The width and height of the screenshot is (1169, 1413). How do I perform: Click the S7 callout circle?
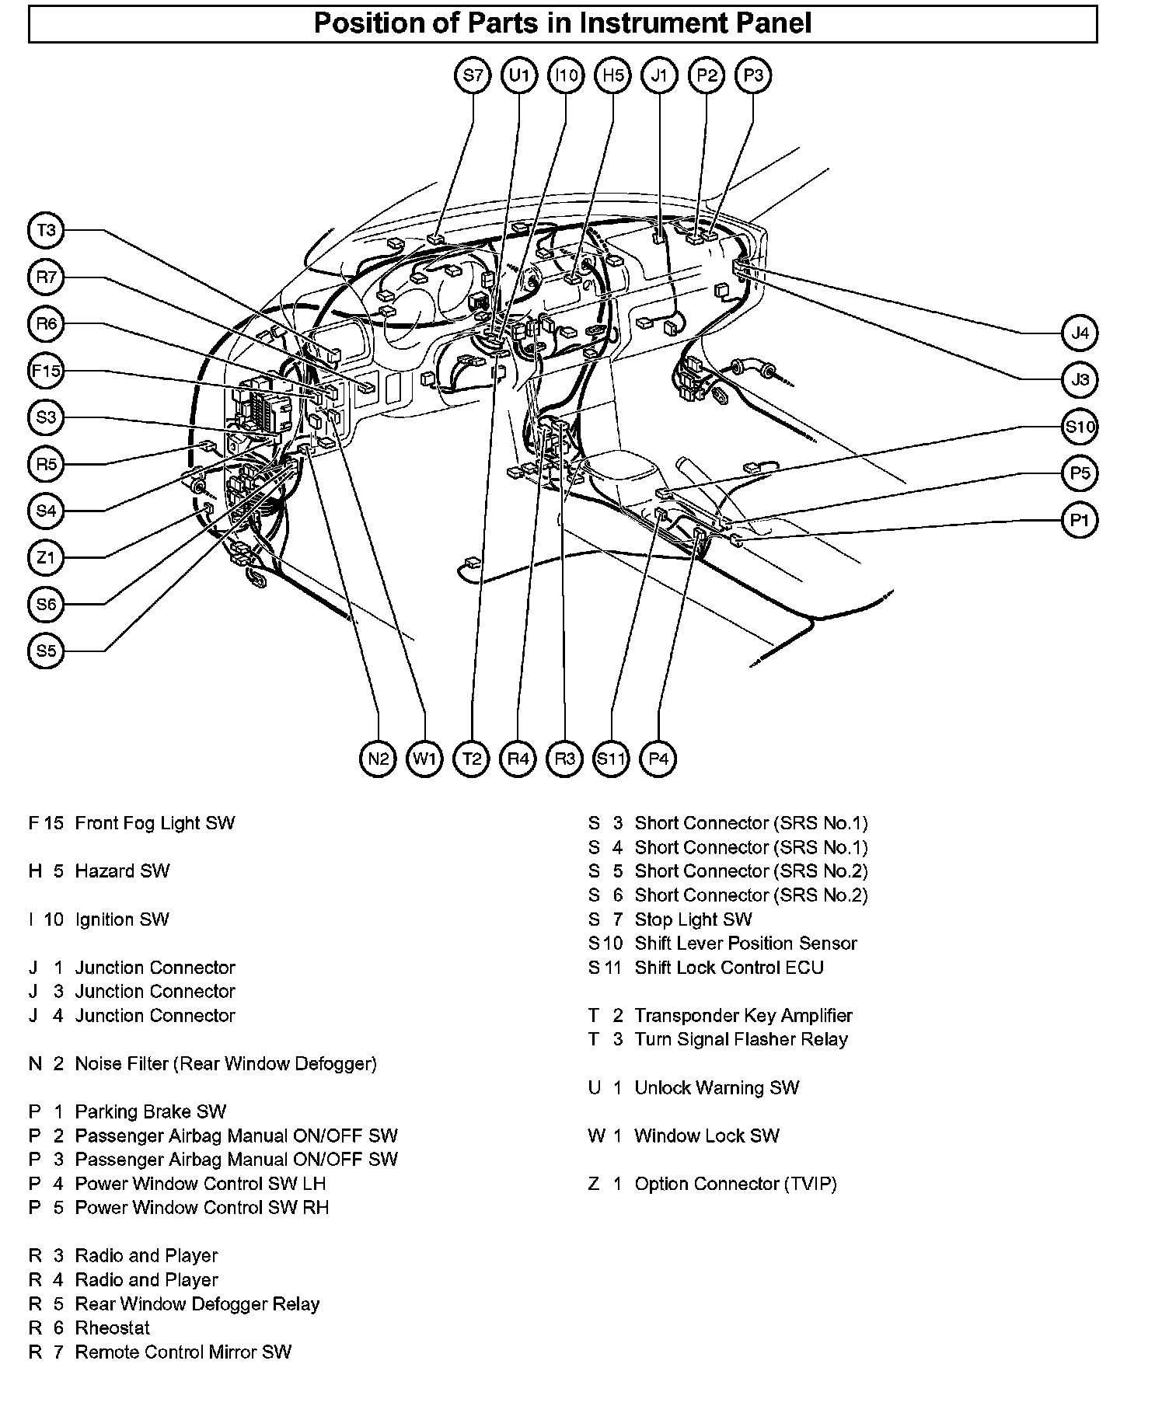click(473, 75)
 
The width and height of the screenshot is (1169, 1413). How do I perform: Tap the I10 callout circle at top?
click(566, 75)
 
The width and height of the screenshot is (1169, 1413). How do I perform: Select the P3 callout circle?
click(752, 75)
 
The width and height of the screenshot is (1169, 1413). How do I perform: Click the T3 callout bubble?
click(47, 231)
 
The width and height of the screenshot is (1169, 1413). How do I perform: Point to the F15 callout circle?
click(47, 371)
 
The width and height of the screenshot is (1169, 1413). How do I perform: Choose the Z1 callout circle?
click(47, 557)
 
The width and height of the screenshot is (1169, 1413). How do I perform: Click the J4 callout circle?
click(1080, 333)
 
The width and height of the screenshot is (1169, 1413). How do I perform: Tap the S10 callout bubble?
click(1080, 427)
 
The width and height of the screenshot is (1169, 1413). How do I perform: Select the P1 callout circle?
click(1080, 520)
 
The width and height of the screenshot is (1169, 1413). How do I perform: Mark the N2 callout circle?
click(379, 758)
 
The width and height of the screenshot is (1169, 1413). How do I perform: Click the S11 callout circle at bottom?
click(611, 758)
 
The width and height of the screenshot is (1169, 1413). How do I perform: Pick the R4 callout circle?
click(518, 758)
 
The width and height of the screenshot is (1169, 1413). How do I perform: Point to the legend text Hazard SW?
click(122, 871)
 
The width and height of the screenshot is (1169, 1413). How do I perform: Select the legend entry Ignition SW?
click(122, 919)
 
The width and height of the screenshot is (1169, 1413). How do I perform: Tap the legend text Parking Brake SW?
click(151, 1111)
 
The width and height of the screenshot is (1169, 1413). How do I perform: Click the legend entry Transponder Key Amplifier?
click(743, 1016)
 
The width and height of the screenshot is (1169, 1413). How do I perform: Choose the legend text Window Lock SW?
click(707, 1136)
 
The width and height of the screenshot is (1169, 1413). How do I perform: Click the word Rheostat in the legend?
click(113, 1328)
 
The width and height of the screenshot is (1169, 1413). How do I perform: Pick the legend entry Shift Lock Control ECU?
click(729, 968)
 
